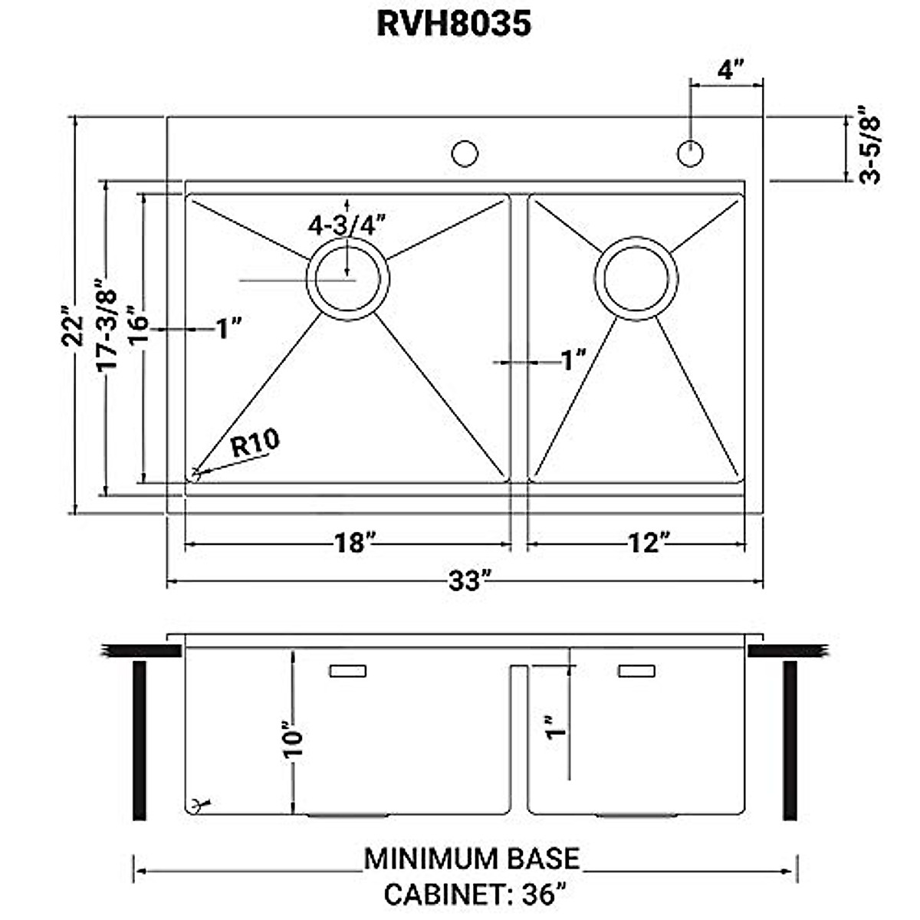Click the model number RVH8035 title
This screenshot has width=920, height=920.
tap(454, 24)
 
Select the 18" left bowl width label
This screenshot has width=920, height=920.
tap(353, 543)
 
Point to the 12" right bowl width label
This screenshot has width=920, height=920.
tap(644, 543)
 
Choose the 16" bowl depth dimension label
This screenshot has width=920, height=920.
tap(138, 326)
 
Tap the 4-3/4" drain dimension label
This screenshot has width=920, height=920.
tap(347, 225)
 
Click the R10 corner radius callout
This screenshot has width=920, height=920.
tap(255, 443)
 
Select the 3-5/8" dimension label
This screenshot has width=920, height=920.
tap(870, 149)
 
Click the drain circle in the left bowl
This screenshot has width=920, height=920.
tap(348, 278)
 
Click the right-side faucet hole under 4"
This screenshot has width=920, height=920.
tap(691, 153)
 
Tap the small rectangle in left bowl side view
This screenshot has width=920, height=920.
tap(347, 671)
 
